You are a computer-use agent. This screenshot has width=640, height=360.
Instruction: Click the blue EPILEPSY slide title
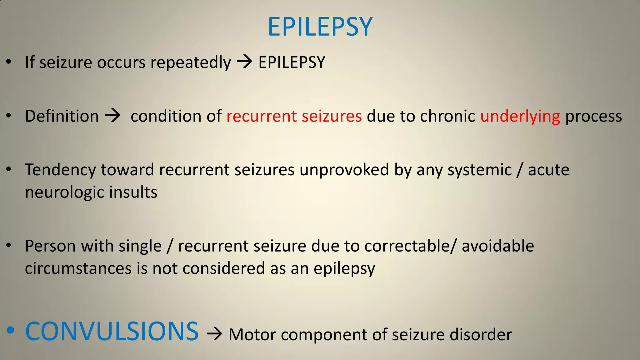point(320,27)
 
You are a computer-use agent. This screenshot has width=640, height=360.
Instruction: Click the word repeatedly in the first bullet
point(191,62)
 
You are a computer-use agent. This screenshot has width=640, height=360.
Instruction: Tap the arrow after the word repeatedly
point(244,62)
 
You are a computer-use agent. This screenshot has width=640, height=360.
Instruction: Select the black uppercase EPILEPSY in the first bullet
point(292,62)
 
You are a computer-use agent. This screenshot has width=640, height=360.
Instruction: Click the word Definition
point(62,116)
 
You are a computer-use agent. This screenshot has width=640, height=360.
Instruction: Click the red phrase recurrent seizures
point(294,116)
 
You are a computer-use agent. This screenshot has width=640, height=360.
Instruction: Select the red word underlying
point(520,116)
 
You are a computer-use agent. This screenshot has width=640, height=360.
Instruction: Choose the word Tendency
point(60,170)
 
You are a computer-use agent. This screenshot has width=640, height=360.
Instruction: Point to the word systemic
point(480,170)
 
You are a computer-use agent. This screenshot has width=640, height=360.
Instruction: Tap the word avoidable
point(498,246)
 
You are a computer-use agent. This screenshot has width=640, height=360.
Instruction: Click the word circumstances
point(78,268)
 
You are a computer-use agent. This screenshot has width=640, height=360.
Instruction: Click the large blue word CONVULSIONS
point(112,331)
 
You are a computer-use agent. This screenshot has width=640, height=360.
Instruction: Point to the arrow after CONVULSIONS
point(214,334)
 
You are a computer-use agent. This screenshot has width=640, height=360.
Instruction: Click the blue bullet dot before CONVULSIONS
point(10,330)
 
